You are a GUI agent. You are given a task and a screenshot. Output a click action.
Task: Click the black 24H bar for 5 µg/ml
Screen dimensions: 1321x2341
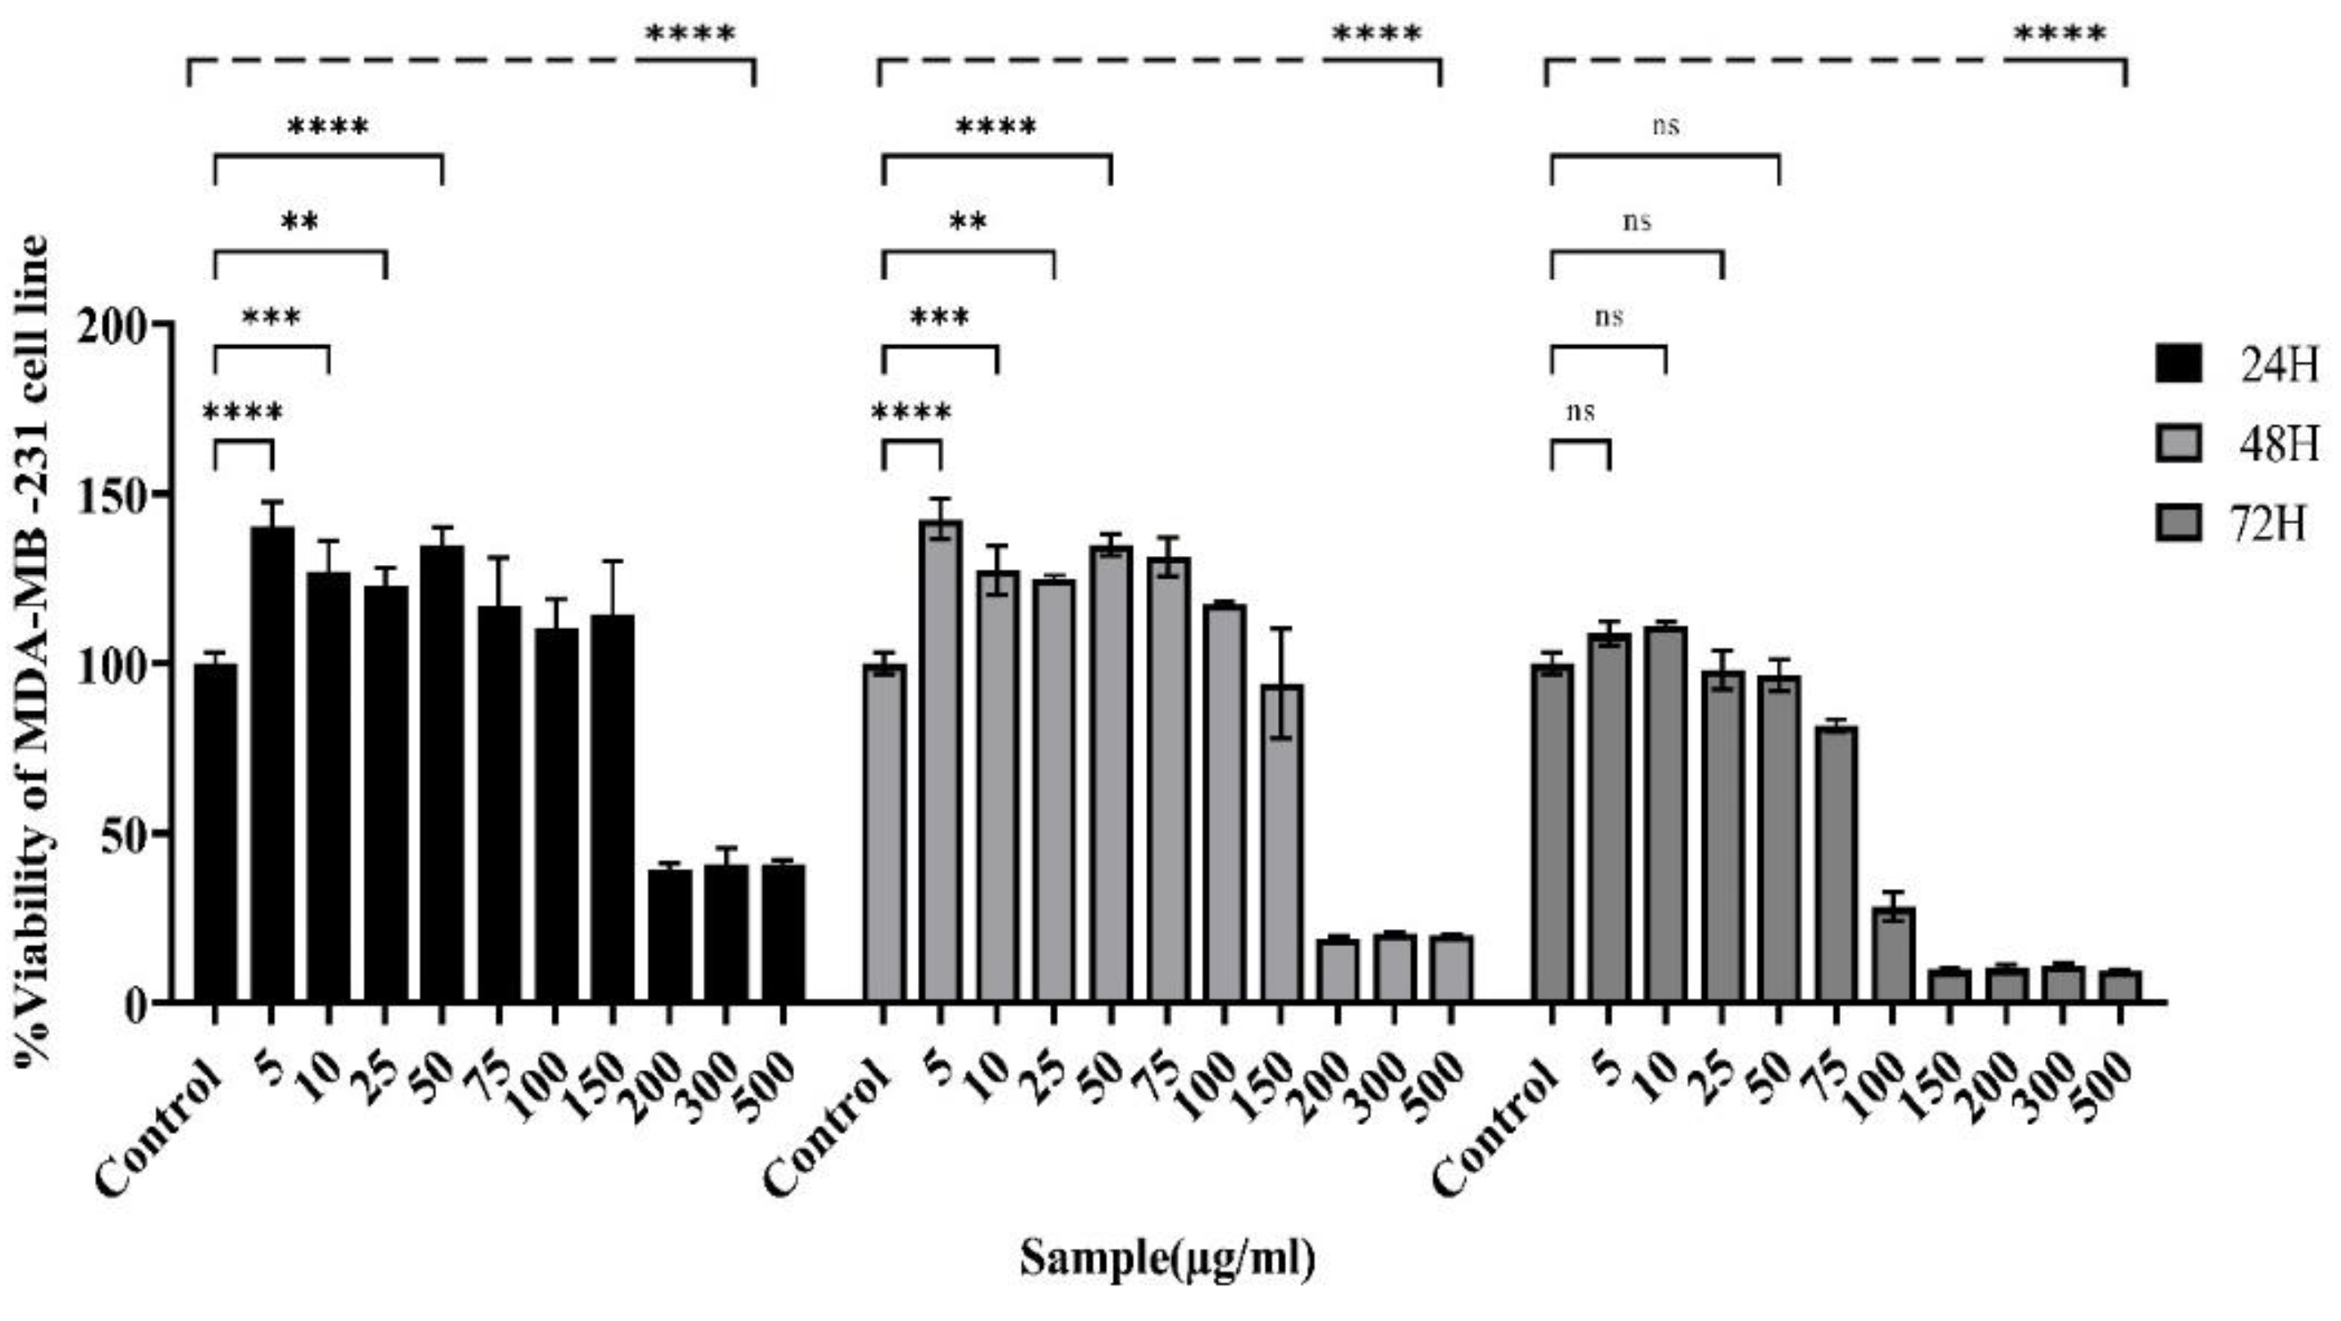click(272, 763)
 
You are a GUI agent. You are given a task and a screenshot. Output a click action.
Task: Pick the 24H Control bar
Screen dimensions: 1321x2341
click(216, 832)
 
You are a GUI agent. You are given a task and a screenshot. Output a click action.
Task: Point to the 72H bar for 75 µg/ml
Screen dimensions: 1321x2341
click(1836, 863)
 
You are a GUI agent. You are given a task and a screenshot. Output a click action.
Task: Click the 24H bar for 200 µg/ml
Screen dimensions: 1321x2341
click(670, 936)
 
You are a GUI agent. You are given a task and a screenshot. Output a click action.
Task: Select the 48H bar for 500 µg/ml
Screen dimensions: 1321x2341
click(1451, 968)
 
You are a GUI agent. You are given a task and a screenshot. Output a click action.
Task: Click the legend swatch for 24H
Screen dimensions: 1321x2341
click(2179, 364)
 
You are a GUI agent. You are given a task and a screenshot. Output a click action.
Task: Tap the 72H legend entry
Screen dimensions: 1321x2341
click(2269, 524)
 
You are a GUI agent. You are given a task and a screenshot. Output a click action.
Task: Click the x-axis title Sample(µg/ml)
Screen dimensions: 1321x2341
click(1167, 1259)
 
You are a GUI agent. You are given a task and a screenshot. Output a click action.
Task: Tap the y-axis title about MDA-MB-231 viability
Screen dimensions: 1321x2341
click(34, 649)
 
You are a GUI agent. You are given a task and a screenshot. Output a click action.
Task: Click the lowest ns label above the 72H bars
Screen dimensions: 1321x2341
click(1581, 412)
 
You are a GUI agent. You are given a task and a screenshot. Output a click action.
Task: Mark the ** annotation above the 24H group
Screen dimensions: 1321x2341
click(300, 221)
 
